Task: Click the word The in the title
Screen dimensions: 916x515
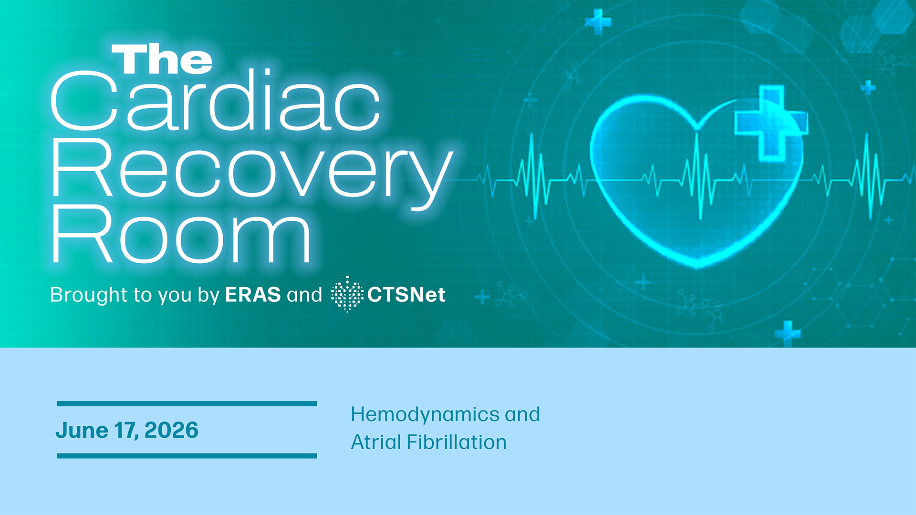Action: tap(162, 59)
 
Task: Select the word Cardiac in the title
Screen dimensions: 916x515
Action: tap(216, 100)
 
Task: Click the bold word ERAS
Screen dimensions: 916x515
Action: tap(253, 295)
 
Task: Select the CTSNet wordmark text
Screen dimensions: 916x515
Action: tap(406, 295)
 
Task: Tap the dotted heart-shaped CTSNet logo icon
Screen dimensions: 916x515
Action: tap(347, 294)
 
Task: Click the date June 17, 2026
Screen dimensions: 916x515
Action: tap(127, 430)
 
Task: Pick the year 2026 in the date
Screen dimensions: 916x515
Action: tap(171, 430)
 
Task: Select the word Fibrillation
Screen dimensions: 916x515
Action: tap(457, 442)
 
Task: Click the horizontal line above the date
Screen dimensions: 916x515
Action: tap(187, 404)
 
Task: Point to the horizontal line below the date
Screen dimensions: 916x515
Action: tap(187, 456)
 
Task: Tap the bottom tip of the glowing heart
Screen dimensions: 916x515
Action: tap(698, 267)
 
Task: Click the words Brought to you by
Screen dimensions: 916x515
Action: tap(135, 295)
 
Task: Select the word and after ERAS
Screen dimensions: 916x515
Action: tap(304, 295)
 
